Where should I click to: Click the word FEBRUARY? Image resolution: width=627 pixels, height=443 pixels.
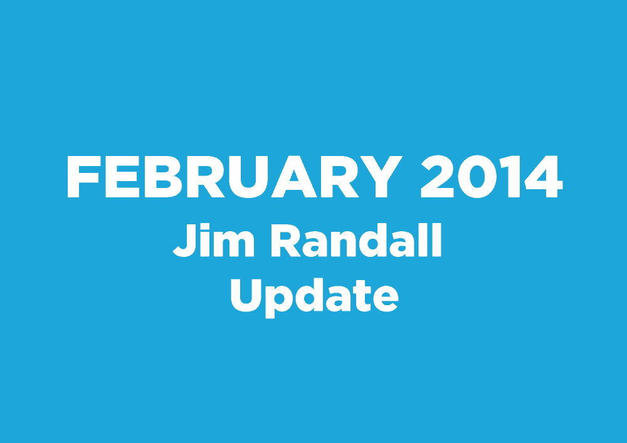coord(234,177)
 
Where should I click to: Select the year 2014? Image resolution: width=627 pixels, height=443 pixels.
coord(492,177)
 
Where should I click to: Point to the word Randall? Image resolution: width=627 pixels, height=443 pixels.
coord(356,240)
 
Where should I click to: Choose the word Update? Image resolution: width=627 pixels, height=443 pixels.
coord(315,296)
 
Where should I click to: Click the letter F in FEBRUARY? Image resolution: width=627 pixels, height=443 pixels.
coord(83,177)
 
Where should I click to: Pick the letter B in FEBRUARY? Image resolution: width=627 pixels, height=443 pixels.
coord(163,177)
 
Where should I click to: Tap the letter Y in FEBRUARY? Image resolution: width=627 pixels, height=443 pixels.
coord(381,177)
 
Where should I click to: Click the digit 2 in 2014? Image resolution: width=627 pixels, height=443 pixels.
coord(437,176)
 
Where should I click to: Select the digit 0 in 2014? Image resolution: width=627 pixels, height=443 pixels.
coord(477,177)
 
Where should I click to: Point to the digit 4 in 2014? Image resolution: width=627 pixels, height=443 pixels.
coord(544,177)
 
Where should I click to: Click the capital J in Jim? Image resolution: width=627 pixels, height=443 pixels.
coord(185,240)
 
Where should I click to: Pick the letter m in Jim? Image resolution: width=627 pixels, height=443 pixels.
coord(234,244)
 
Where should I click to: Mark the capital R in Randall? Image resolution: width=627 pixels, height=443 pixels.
coord(286,240)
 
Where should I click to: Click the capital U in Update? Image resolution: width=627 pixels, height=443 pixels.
coord(246,295)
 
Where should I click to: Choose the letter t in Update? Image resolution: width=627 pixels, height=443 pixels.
coord(362,296)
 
